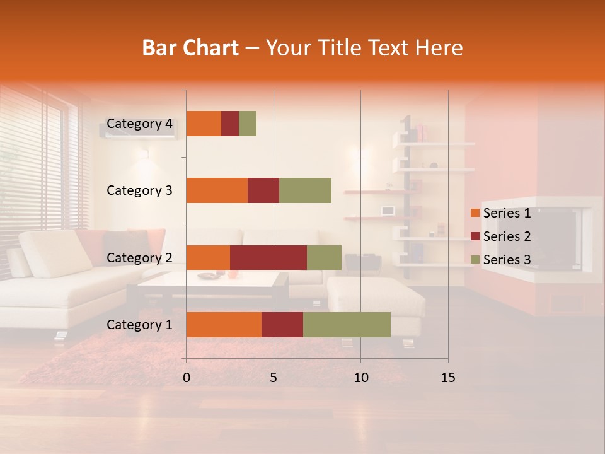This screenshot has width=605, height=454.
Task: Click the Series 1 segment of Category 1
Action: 224,325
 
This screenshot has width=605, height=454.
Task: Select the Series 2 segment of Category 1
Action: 282,325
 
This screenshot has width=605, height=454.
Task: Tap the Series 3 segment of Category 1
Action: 347,325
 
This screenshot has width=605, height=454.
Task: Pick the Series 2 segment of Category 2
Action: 268,257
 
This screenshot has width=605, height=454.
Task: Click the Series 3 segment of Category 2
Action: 324,257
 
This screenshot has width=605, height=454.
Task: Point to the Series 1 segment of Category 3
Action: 217,190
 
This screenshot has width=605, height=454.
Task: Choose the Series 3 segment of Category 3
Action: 305,190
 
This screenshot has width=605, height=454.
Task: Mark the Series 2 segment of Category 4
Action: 230,124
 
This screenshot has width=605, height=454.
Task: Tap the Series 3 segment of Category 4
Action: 248,124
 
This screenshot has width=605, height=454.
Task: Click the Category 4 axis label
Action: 139,124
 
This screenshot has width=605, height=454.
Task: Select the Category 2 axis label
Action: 139,257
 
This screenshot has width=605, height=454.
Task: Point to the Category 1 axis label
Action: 139,325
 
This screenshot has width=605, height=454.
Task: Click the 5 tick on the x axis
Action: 274,378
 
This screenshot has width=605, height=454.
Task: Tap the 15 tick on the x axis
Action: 447,378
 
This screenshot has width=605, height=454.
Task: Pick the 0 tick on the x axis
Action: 187,378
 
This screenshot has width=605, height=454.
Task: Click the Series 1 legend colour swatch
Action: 475,213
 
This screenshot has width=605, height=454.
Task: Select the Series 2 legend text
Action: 507,236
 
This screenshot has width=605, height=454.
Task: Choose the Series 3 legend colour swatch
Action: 475,260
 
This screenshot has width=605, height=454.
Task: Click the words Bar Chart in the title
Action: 190,47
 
